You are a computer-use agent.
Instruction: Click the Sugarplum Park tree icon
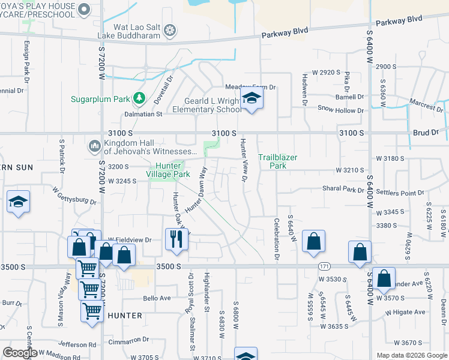click(139, 98)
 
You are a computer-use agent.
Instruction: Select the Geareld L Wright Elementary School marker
click(252, 99)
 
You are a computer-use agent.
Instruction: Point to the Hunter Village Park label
click(173, 170)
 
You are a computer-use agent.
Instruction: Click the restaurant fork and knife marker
click(176, 239)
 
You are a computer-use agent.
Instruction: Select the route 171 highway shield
click(324, 266)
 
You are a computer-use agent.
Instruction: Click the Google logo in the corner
click(20, 352)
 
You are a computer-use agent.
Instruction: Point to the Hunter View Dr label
click(244, 160)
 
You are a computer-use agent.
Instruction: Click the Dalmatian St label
click(143, 113)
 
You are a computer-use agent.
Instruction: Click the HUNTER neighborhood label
click(125, 316)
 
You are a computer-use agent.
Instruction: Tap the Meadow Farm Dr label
click(250, 88)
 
